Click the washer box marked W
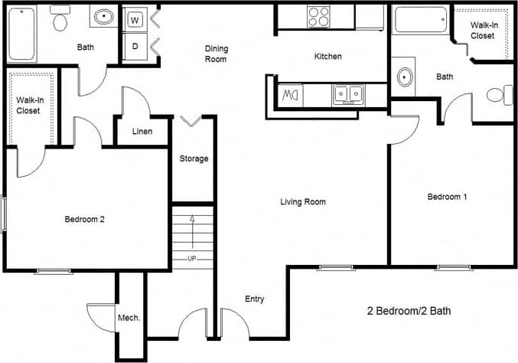[x=135, y=20]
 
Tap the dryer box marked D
[x=135, y=47]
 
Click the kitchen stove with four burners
[x=318, y=15]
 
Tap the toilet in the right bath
[x=498, y=96]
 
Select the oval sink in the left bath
[x=101, y=17]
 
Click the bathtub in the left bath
[x=21, y=33]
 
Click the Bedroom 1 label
[x=447, y=197]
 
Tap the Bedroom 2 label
[x=84, y=219]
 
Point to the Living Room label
[x=303, y=202]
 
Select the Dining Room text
[x=217, y=54]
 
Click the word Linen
[x=142, y=131]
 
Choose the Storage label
[x=194, y=159]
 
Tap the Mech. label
[x=128, y=318]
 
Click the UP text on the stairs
[x=191, y=258]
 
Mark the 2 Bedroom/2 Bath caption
[x=409, y=312]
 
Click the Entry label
[x=255, y=299]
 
